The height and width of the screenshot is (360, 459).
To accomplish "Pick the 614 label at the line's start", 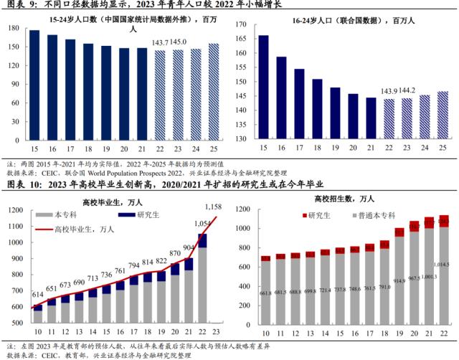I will [x=37, y=296].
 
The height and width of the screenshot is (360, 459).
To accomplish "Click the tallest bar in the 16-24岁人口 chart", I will [x=263, y=87].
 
